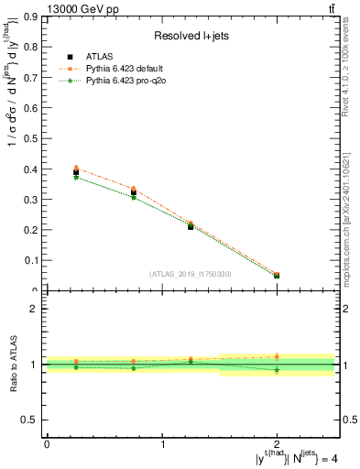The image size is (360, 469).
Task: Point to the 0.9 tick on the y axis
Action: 32,16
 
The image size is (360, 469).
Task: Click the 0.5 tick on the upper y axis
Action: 32,138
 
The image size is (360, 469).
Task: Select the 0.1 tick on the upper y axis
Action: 32,260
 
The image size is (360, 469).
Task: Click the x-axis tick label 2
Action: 277,444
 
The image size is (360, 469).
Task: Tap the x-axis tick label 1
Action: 162,444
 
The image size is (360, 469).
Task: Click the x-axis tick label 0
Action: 47,444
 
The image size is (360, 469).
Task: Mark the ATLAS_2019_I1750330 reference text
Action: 191,274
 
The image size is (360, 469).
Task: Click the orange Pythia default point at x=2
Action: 277,275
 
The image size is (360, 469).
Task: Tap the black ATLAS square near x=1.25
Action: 191,225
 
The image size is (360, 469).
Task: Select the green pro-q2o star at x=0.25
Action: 76,178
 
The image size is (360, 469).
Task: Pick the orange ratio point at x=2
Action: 277,356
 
